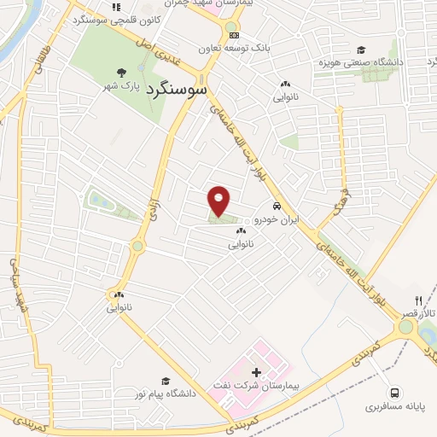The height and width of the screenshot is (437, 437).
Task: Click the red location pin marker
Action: pyautogui.click(x=219, y=201)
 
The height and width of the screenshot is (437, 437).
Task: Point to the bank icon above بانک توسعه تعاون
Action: pyautogui.click(x=234, y=35)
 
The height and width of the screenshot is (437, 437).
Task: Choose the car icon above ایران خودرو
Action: pyautogui.click(x=277, y=207)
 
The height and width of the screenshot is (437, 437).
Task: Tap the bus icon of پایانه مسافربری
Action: pyautogui.click(x=394, y=393)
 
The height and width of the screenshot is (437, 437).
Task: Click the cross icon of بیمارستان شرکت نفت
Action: pyautogui.click(x=256, y=373)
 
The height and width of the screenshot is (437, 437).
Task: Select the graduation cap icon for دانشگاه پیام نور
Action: pyautogui.click(x=165, y=382)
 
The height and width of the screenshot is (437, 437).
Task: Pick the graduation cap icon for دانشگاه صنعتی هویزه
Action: pyautogui.click(x=361, y=50)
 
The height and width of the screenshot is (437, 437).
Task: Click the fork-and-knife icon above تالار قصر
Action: pyautogui.click(x=418, y=301)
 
